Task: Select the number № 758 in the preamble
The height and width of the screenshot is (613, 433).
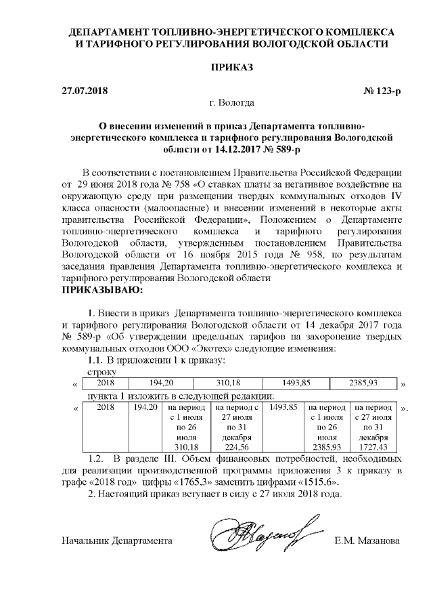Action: (175, 184)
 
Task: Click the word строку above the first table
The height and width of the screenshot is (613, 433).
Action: (102, 371)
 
